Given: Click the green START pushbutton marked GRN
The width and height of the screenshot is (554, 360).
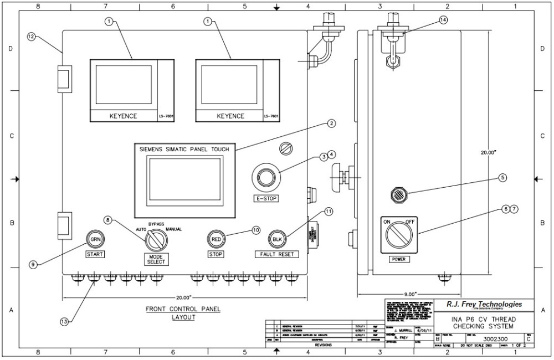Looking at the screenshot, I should pyautogui.click(x=95, y=239).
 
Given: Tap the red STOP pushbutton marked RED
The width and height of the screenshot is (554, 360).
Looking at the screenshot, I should pyautogui.click(x=216, y=239).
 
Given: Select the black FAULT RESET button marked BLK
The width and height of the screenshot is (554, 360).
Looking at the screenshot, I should pyautogui.click(x=276, y=239).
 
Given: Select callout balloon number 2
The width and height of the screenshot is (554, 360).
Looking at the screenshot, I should pyautogui.click(x=331, y=124).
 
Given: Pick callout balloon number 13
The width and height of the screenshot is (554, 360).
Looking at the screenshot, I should pyautogui.click(x=65, y=321).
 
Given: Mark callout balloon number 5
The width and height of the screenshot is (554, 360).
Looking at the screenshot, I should pyautogui.click(x=502, y=178).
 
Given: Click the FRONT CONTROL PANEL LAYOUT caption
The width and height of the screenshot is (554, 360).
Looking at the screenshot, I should pyautogui.click(x=183, y=313).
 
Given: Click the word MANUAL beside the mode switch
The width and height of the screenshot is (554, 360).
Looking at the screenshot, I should pyautogui.click(x=173, y=229).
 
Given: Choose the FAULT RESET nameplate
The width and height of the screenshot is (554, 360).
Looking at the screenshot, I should pyautogui.click(x=276, y=254).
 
